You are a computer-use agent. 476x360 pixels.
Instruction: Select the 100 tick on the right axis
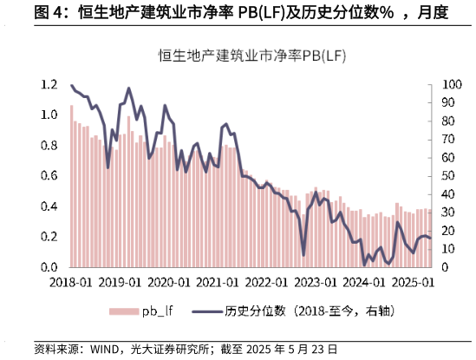click(452, 85)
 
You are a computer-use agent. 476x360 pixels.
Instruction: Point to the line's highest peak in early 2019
click(128, 88)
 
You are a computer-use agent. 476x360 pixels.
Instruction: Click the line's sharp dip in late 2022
click(303, 254)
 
